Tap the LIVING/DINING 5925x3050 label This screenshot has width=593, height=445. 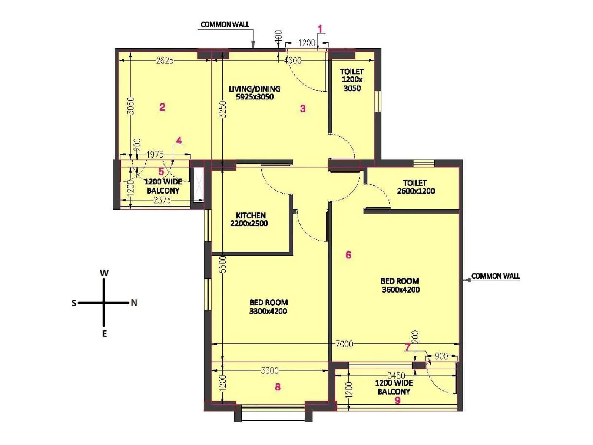(255, 93)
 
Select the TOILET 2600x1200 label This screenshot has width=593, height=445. (415, 187)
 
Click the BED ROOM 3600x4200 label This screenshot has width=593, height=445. (400, 285)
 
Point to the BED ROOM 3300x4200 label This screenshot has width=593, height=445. (268, 307)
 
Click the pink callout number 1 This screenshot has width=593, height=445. (321, 29)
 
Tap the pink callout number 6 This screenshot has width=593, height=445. (348, 255)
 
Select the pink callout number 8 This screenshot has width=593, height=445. (278, 387)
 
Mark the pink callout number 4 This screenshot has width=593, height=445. (179, 141)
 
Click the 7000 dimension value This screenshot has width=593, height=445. (344, 344)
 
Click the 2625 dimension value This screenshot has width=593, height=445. (165, 60)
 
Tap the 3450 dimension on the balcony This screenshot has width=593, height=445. (396, 375)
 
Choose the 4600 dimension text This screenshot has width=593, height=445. (293, 60)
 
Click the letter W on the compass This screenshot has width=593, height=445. (104, 273)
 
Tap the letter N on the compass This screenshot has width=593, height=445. (134, 303)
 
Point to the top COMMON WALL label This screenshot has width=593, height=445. (225, 24)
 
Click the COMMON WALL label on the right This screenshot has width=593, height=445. (495, 276)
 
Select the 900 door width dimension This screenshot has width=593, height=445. (441, 356)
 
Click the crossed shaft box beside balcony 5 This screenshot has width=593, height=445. (199, 184)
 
